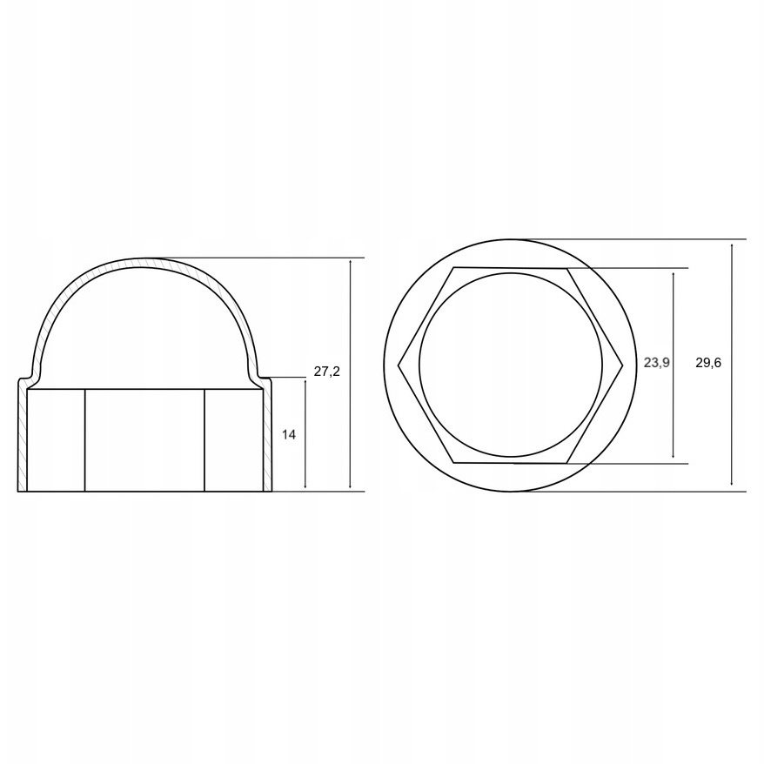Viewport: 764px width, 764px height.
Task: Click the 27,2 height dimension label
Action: (326, 372)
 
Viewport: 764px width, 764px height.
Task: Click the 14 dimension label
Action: (288, 435)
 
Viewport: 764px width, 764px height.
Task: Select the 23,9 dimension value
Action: (657, 363)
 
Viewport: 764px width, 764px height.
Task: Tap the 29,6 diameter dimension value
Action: (708, 363)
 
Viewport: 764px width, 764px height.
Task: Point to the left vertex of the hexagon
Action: (399, 365)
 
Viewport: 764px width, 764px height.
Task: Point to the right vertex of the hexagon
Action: (623, 365)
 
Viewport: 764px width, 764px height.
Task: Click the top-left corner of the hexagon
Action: (454, 267)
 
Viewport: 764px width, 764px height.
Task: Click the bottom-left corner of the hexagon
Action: (454, 462)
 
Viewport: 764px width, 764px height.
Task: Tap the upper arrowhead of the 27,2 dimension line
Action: (351, 263)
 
